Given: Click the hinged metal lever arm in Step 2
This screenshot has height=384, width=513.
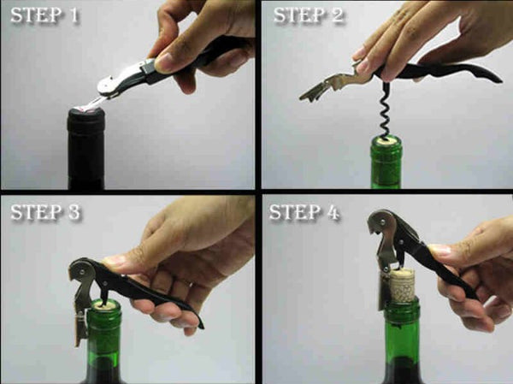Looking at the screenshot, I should [329, 86].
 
